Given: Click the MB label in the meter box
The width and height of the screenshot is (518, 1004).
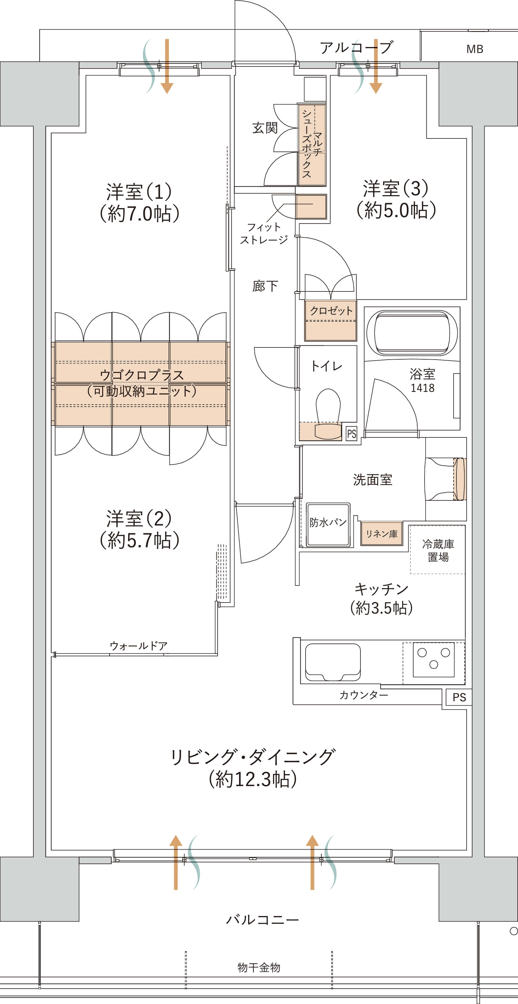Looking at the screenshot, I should (x=474, y=49).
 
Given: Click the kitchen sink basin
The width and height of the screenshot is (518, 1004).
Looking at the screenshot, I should (x=333, y=661).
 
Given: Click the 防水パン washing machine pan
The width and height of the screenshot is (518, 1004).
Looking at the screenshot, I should (x=328, y=524).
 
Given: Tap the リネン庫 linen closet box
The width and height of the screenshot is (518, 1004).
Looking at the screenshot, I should (x=381, y=533).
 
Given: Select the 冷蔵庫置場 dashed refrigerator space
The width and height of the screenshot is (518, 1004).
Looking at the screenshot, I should (x=437, y=549).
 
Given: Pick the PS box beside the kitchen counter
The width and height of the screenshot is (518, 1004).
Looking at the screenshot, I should (x=459, y=697).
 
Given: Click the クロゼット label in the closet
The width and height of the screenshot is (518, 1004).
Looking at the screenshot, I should (x=331, y=311).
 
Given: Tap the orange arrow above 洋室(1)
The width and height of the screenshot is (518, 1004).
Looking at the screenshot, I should (x=167, y=66).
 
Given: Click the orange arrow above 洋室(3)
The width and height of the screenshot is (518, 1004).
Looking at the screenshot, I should (x=376, y=66).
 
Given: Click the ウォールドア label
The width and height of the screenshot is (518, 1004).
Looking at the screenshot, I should (x=138, y=646).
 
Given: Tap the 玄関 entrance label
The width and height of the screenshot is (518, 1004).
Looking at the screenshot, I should (x=265, y=128).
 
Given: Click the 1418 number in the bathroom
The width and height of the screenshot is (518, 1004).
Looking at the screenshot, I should (x=422, y=388).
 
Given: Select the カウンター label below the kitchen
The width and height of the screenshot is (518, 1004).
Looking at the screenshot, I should (x=363, y=695).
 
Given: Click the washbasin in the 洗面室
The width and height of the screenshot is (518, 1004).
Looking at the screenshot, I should (x=444, y=479).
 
